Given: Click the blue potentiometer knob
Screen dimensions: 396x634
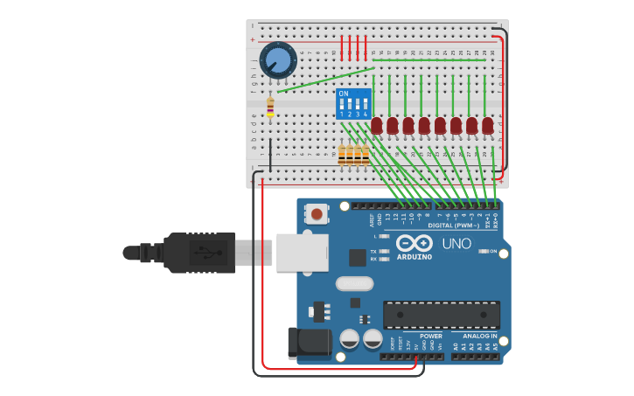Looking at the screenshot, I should [278, 59].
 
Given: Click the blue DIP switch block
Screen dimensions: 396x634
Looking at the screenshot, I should [353, 103].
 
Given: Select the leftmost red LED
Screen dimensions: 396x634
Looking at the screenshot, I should [376, 126].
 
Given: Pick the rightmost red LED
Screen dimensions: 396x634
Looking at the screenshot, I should [487, 126].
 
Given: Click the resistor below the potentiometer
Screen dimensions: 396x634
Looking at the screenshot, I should [269, 108].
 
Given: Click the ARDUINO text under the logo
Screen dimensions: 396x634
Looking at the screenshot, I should [414, 257].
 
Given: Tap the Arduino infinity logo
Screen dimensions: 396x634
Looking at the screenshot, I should [414, 243].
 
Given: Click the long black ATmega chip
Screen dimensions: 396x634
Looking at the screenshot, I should [442, 315].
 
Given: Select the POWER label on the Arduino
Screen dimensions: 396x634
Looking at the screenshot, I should [430, 336].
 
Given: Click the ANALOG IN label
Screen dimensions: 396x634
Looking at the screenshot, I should [479, 336].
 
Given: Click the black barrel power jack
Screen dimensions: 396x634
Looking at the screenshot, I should [308, 343].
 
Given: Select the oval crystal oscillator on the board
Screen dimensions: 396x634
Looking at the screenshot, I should [354, 283].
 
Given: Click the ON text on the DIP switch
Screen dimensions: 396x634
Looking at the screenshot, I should [343, 94].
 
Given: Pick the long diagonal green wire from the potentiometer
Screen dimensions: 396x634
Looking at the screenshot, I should [325, 80].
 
